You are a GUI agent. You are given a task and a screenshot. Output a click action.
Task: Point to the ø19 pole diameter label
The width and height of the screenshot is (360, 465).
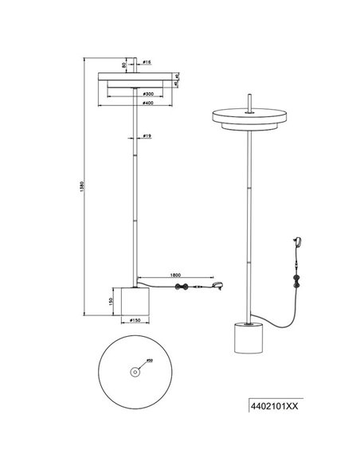click(148, 137)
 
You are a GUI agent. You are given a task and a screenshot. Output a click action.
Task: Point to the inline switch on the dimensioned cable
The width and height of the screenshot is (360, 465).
click(182, 287)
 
